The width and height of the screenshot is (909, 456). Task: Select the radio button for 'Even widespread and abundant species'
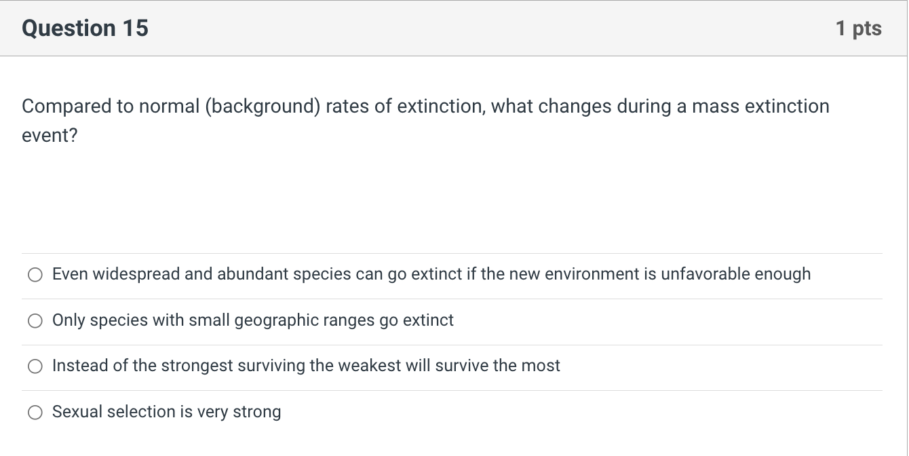(35, 275)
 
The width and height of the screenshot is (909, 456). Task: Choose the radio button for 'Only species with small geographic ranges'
(35, 321)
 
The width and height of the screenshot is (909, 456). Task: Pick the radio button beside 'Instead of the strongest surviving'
(35, 366)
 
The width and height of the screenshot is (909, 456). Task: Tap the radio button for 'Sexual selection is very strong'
(35, 413)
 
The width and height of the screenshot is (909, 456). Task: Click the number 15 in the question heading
(135, 28)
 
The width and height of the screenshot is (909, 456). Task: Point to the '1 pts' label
(858, 28)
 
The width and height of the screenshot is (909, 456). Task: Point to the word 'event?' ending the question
(50, 136)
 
